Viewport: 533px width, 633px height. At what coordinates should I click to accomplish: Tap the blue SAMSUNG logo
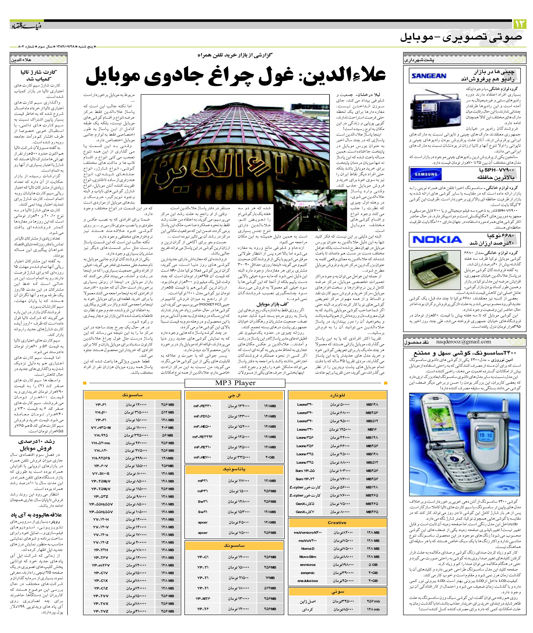426,174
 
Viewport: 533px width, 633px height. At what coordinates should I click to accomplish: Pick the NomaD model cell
308,548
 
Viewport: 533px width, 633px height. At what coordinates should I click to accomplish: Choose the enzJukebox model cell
308,581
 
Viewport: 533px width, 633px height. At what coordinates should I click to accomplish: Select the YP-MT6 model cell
203,598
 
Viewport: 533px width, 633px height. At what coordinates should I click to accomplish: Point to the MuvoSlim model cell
308,557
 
